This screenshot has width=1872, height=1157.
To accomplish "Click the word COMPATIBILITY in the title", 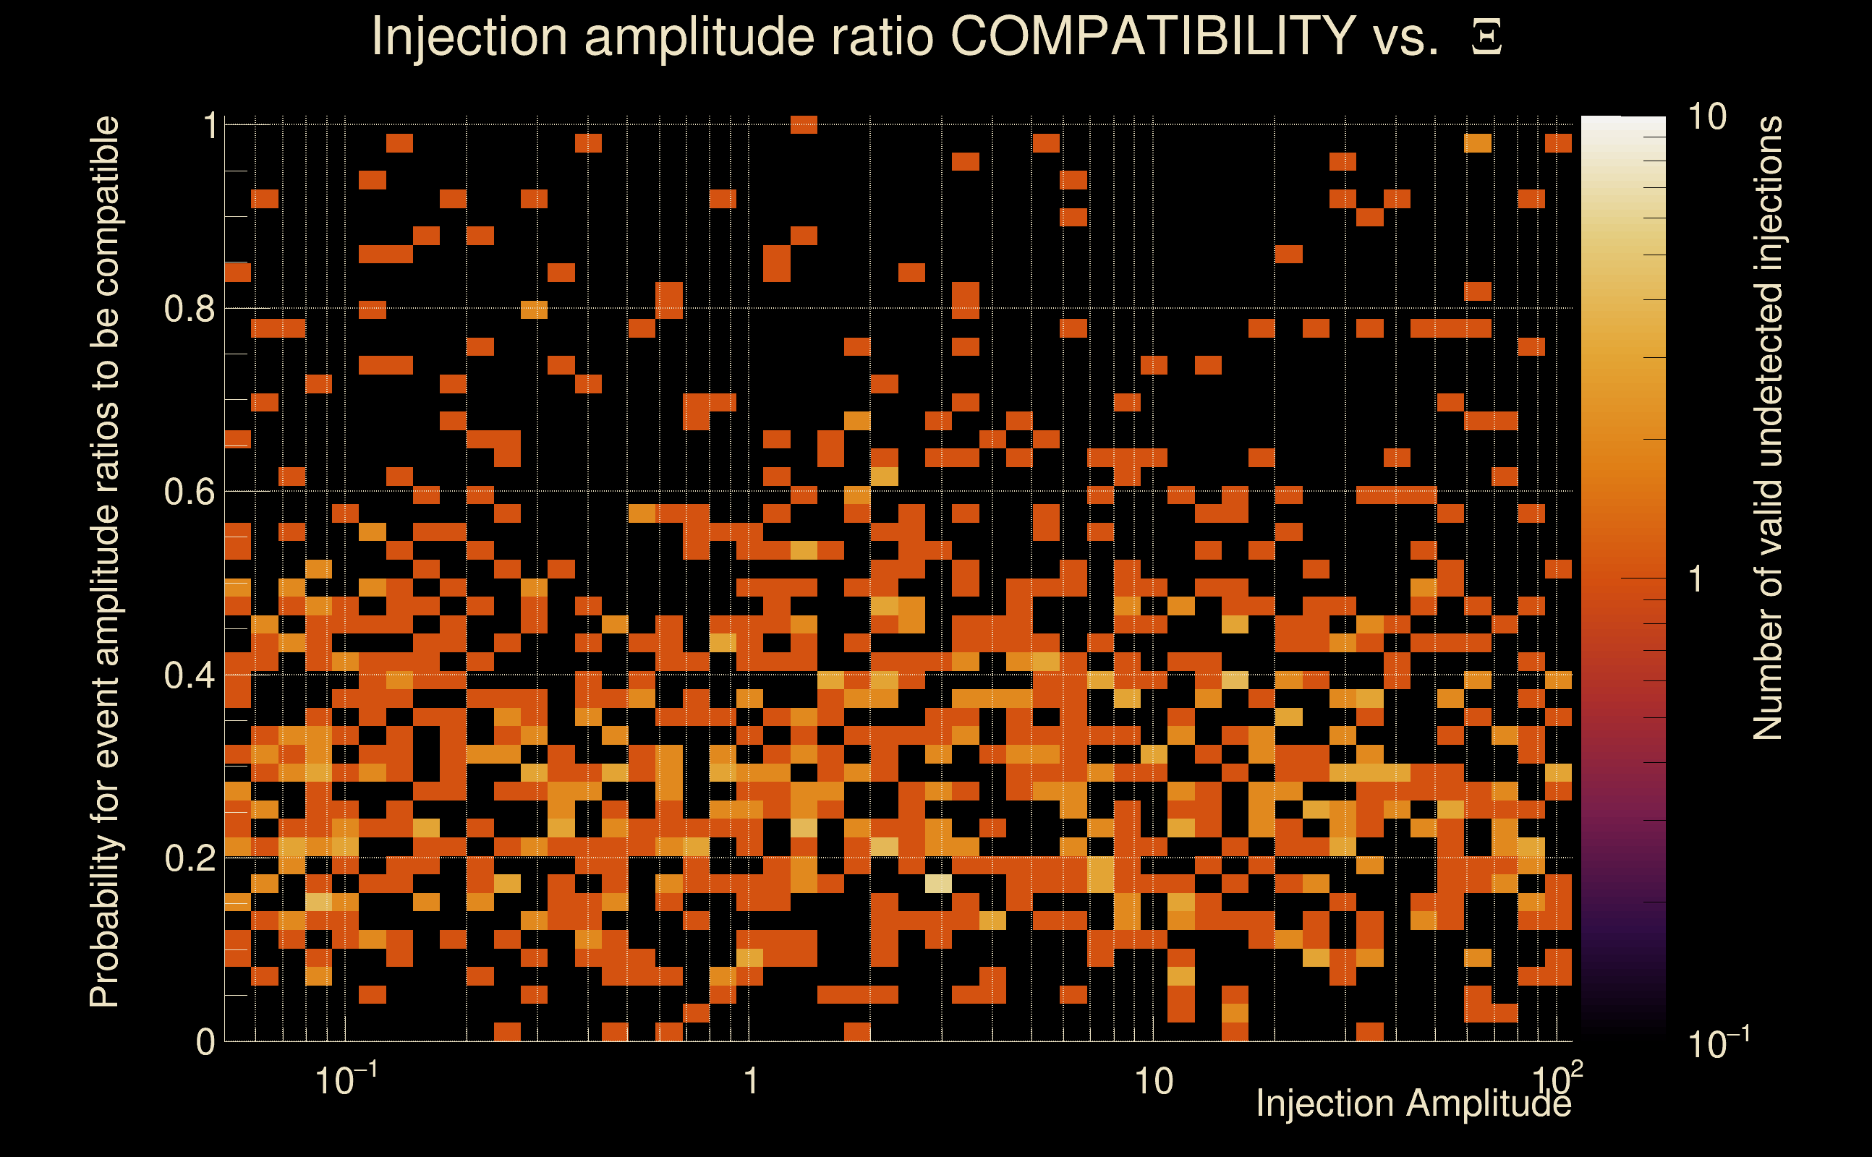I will [1152, 36].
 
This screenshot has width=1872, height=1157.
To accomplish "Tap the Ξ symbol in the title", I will [1486, 38].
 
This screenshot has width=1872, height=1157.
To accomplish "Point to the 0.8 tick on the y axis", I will [189, 309].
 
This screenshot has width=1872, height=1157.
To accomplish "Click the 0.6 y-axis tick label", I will [189, 492].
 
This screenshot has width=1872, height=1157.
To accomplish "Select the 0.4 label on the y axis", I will [189, 675].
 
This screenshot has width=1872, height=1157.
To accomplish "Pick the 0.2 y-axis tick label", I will [189, 858].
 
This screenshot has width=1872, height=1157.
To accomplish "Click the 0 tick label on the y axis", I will [205, 1042].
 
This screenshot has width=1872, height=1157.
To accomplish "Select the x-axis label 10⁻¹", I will [346, 1080].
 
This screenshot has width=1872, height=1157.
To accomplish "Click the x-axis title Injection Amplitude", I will [1413, 1104].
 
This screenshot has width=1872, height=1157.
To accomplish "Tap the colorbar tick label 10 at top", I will [1706, 118].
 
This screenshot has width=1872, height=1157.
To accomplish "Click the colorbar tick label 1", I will [1696, 579].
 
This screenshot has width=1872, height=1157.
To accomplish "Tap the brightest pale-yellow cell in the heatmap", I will [938, 884].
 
